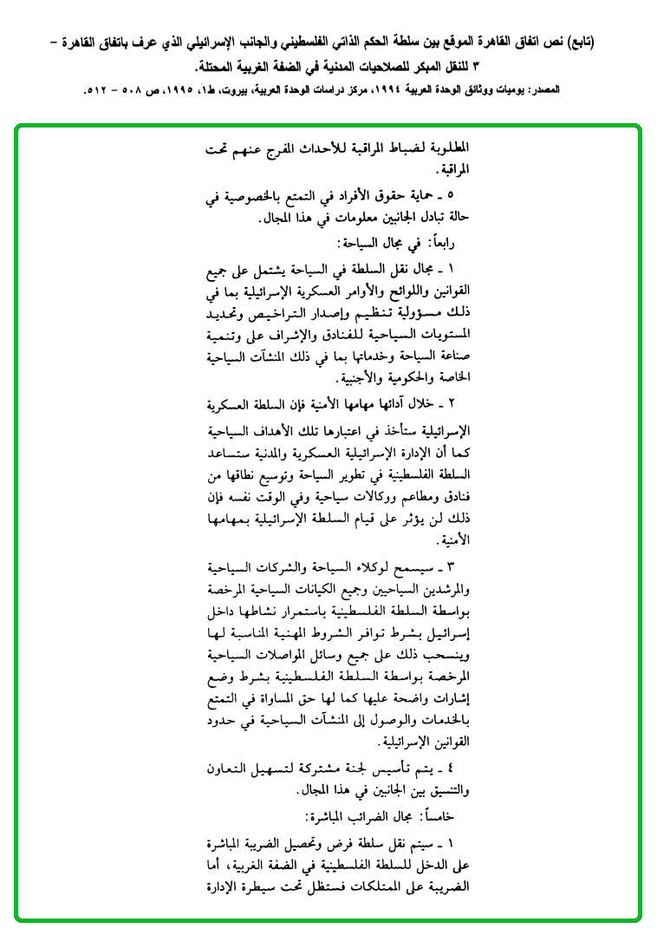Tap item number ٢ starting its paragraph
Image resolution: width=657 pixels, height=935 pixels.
(x=450, y=405)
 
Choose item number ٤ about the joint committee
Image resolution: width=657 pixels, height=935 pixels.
(x=450, y=769)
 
